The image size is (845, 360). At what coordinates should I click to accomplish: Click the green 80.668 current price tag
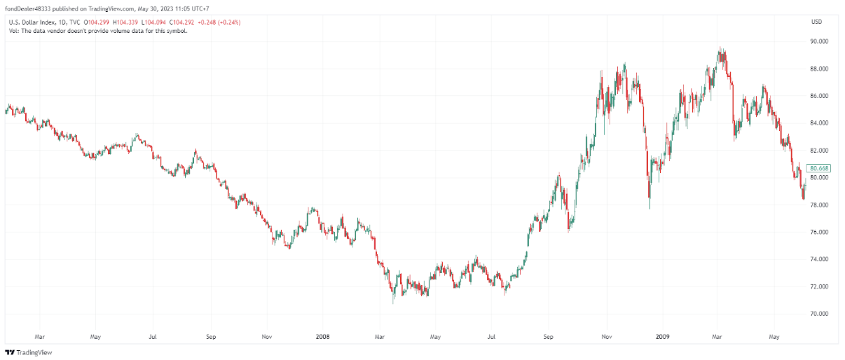click(x=818, y=168)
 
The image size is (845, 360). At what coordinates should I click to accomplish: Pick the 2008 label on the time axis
click(x=322, y=337)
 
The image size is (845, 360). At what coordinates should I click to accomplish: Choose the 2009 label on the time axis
click(x=662, y=337)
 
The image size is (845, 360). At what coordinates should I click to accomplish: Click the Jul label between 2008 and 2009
click(x=492, y=337)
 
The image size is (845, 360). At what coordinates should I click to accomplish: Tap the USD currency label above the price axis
click(x=816, y=22)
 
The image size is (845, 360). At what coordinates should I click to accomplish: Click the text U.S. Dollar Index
click(x=29, y=22)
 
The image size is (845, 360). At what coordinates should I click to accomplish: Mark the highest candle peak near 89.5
click(x=720, y=48)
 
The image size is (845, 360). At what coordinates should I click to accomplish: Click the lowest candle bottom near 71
click(x=393, y=302)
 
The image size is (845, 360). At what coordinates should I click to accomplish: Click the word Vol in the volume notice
click(x=13, y=31)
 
